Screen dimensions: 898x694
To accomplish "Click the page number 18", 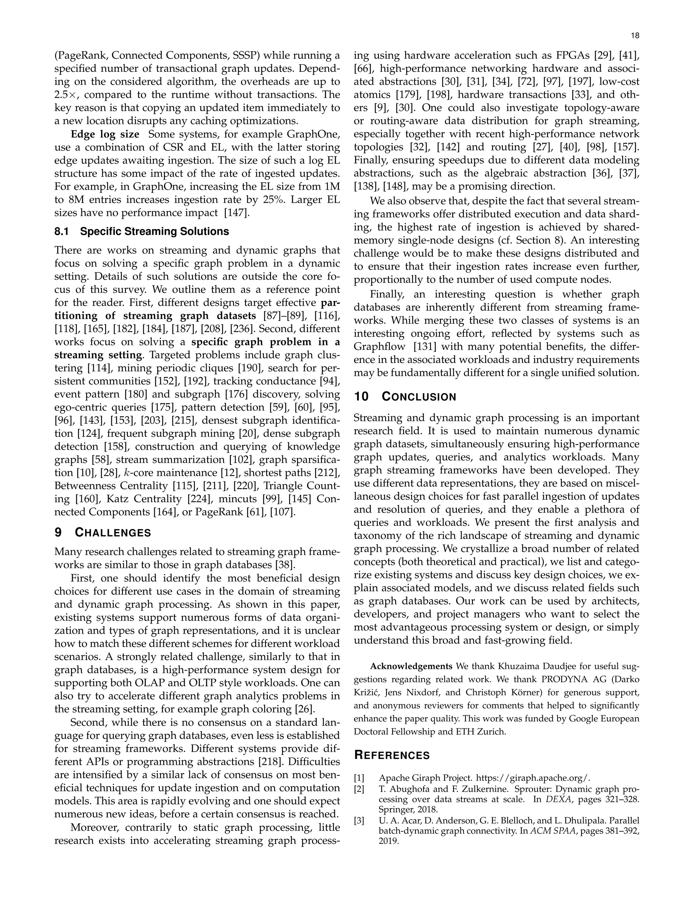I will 635,36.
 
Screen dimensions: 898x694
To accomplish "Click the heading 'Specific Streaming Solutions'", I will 154,231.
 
